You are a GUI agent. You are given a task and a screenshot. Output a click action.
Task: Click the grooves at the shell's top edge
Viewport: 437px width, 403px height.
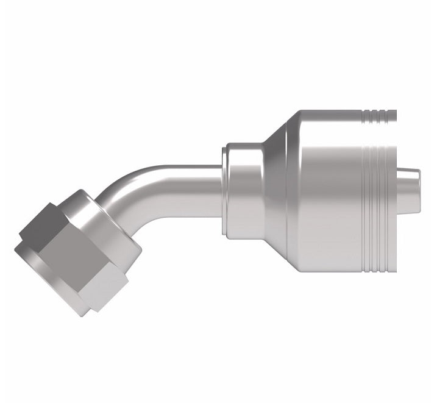[x=378, y=114]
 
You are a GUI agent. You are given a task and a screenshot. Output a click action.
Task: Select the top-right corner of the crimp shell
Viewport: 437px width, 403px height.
[x=396, y=112]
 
